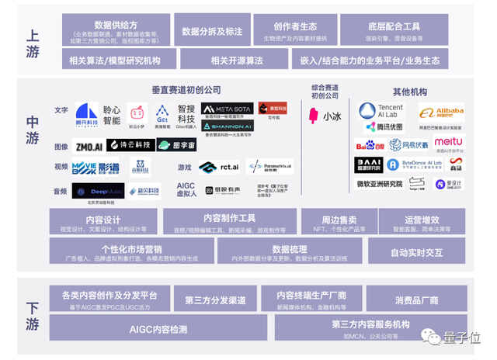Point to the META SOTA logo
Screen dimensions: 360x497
coord(227,109)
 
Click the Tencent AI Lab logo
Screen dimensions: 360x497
coord(381,110)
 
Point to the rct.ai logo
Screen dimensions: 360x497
coord(218,167)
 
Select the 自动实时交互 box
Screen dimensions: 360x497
coord(416,252)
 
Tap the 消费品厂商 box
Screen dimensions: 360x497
coord(416,299)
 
